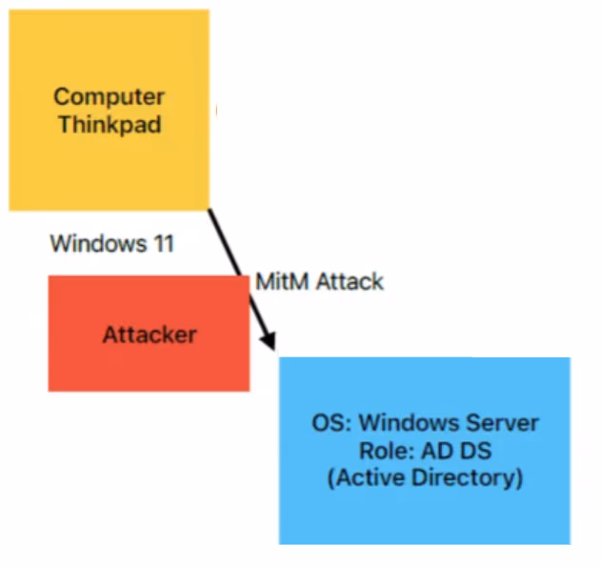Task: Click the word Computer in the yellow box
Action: tap(110, 97)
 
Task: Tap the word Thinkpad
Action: tap(110, 125)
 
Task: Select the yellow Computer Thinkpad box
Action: tap(110, 111)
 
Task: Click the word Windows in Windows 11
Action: tap(98, 243)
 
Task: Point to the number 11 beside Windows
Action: tap(164, 243)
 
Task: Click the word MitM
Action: tap(282, 282)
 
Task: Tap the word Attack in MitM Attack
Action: tap(350, 282)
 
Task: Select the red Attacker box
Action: tap(150, 334)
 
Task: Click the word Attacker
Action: tap(150, 334)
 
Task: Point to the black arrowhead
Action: tap(270, 340)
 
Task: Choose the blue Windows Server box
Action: tap(425, 451)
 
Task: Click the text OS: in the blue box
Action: tap(331, 423)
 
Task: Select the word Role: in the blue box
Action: tap(387, 451)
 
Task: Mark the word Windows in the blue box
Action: tap(409, 423)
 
